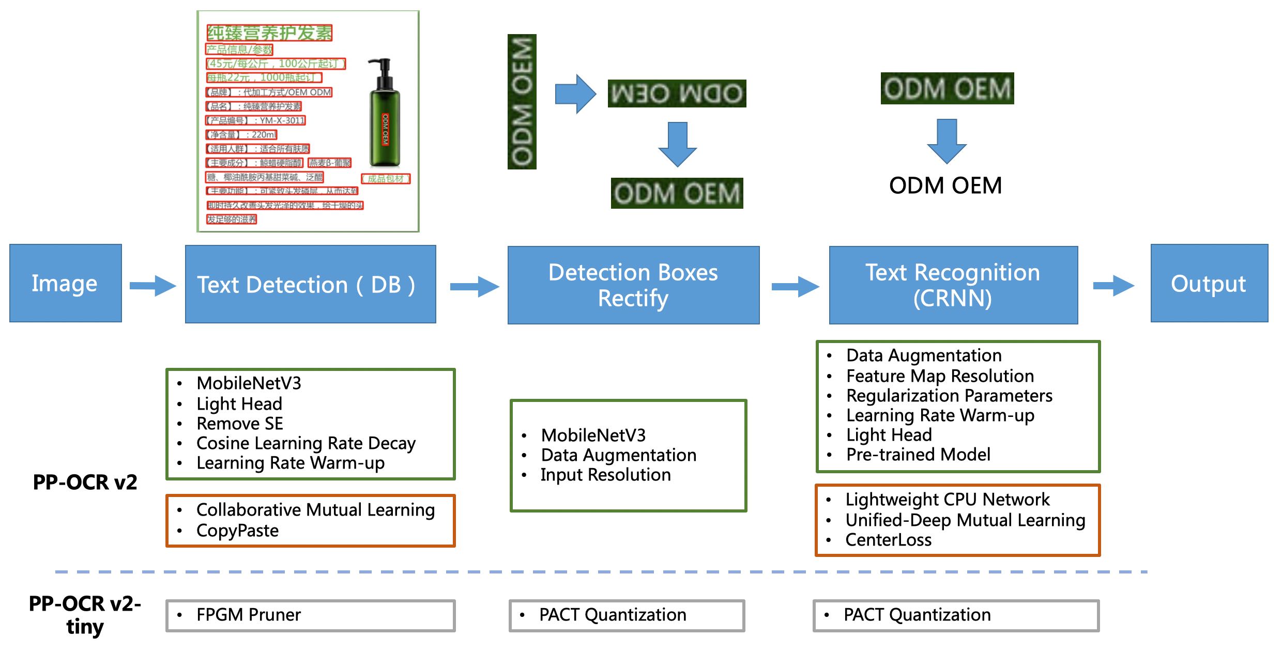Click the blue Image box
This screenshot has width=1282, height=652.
coord(66,283)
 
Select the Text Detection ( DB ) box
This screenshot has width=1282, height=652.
coord(310,284)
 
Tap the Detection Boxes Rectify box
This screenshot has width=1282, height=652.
coord(633,285)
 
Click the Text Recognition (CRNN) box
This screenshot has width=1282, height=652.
coord(953,285)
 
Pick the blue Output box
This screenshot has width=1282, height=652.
coord(1209,283)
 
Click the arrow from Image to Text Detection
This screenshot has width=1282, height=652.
coord(153,286)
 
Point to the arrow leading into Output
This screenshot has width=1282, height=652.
coord(1113,286)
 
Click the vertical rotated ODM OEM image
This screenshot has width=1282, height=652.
coord(522,102)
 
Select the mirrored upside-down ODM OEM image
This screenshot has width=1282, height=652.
coord(677,94)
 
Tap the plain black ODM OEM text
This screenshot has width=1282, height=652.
coord(945,185)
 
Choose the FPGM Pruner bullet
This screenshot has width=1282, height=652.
coord(248,615)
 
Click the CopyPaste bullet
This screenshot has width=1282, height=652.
coord(237,531)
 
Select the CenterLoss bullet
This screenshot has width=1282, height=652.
coord(888,540)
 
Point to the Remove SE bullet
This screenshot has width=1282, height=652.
coord(240,424)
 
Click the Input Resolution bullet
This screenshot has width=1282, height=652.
coord(605,475)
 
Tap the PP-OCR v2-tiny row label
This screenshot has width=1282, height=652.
coord(85,615)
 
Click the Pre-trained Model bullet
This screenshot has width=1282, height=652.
coord(918,455)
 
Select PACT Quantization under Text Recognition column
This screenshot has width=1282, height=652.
coord(917,615)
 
